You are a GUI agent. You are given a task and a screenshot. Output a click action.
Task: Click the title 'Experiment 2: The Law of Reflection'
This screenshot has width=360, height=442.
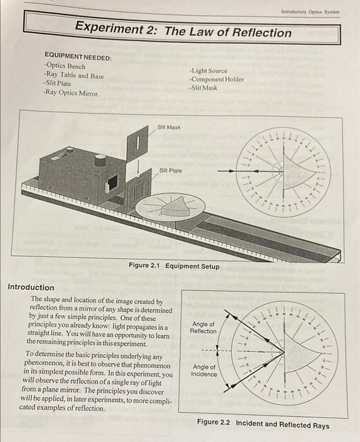(x=183, y=30)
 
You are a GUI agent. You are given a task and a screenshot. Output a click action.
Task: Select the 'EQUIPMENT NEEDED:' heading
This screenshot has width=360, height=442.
(x=78, y=57)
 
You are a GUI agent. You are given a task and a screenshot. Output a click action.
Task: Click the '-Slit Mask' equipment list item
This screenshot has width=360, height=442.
(x=203, y=88)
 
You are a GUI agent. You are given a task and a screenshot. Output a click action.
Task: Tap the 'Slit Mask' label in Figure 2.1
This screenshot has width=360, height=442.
(x=169, y=128)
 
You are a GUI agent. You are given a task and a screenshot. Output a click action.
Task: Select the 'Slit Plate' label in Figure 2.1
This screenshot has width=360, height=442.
(x=171, y=170)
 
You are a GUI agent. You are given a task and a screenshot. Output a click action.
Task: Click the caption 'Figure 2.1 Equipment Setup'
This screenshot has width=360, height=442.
(x=174, y=266)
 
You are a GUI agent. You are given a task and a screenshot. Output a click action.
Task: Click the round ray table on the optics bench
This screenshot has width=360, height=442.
(x=167, y=209)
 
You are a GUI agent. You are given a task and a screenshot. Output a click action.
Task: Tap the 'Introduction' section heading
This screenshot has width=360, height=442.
(x=31, y=287)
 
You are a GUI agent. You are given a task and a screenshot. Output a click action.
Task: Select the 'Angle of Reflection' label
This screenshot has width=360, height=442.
(x=203, y=327)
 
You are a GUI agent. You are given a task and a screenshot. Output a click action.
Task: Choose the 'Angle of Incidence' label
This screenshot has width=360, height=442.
(x=203, y=370)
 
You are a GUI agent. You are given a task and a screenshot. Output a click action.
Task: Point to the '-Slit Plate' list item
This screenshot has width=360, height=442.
(x=57, y=83)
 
